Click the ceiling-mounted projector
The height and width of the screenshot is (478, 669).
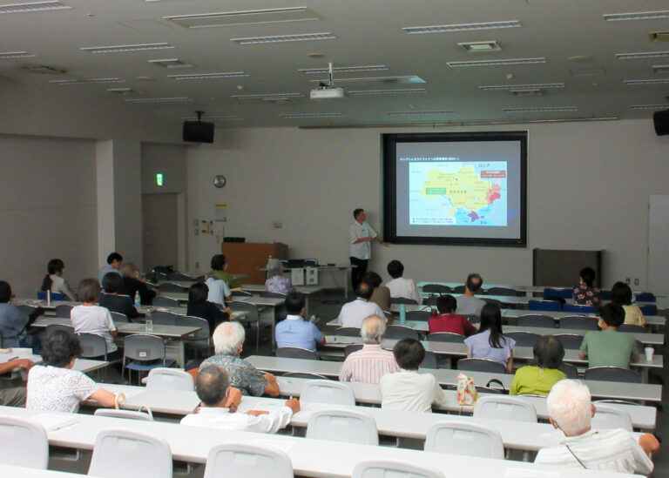[327, 91]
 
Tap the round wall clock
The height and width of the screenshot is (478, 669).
[219, 181]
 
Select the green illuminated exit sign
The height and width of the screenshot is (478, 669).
[159, 178]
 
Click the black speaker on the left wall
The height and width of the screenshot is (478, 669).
[198, 131]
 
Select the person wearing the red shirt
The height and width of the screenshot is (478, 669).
[449, 319]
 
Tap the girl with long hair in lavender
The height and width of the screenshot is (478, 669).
[490, 340]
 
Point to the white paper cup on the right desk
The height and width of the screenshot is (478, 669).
[649, 353]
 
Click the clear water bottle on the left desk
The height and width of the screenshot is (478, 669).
[149, 321]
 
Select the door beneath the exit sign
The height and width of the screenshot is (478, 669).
[159, 231]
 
